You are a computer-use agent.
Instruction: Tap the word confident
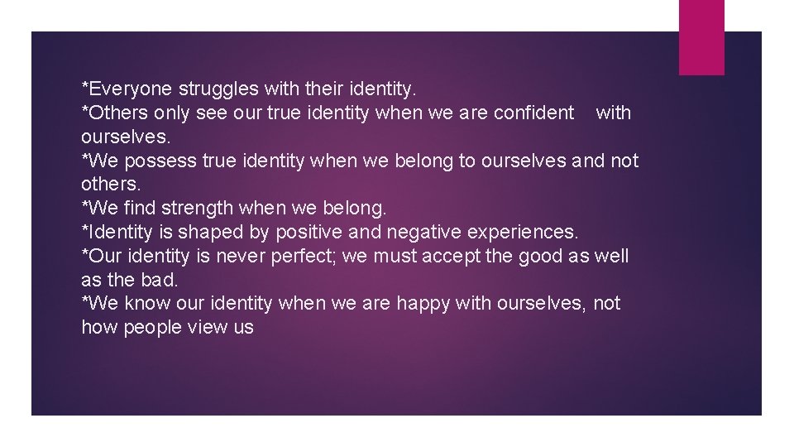tap(533, 113)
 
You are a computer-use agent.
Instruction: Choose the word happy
tap(423, 304)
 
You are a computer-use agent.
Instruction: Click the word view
tap(208, 328)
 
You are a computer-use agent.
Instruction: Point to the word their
tap(304, 88)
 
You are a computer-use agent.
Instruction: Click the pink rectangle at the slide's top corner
tap(701, 37)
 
